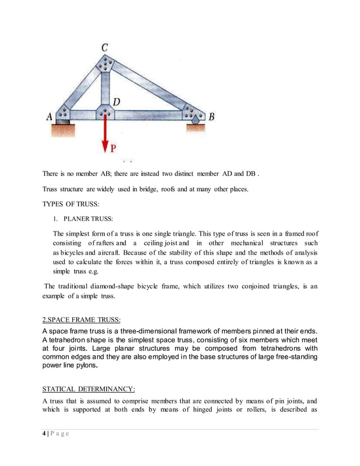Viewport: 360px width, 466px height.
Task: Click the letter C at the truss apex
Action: pos(105,48)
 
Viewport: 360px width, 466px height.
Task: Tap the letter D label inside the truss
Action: pos(116,102)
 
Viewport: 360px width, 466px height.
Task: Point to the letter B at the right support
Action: pos(212,117)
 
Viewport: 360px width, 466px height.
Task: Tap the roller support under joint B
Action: pos(195,120)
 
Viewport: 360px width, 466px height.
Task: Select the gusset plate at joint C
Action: pos(106,64)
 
